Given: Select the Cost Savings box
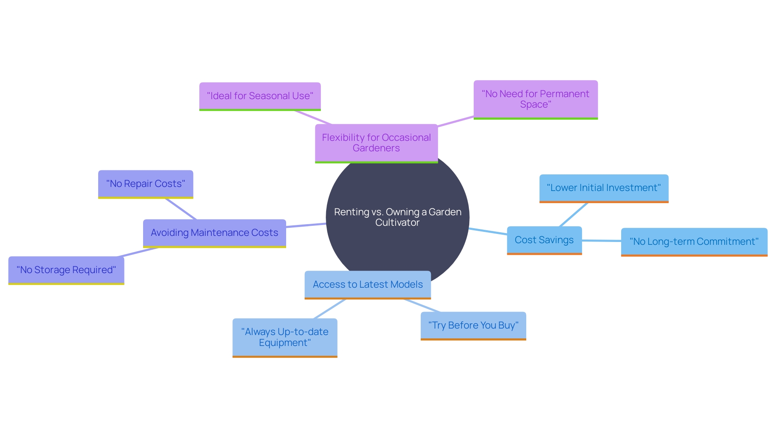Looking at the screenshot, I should pos(544,240).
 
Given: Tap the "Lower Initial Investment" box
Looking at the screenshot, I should pos(603,188).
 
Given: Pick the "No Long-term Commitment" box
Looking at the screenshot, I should pos(694,242).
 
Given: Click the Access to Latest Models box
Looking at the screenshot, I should pos(367,284).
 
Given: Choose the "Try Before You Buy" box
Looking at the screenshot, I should pos(473,325).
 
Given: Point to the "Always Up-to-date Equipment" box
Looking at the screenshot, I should pos(285,337).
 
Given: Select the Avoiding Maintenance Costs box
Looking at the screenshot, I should pos(214,233).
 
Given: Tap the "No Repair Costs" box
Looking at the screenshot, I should pos(145,184).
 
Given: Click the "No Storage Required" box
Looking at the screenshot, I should pos(66,270).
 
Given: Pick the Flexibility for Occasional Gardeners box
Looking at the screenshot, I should pos(376,143).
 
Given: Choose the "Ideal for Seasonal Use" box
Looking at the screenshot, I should pos(259,96).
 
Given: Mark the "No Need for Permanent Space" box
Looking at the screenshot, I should pos(535,99).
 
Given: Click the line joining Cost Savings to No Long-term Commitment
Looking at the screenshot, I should pos(601,241).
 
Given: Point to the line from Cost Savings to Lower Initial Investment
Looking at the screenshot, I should pos(574,214).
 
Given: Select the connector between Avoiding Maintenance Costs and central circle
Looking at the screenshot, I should pos(306,225).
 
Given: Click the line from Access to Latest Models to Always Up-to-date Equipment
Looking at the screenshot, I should pos(330,309).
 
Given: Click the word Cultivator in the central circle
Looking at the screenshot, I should pos(397,223).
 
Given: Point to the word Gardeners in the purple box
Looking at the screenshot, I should pos(376,148).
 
